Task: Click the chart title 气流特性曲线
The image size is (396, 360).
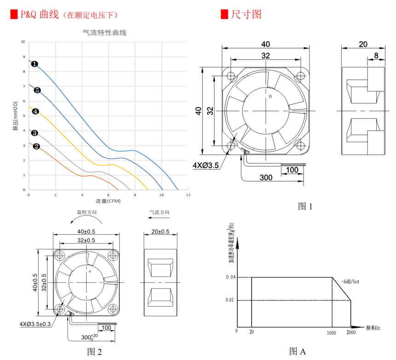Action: coord(104,33)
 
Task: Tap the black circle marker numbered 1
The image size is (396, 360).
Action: coord(35,64)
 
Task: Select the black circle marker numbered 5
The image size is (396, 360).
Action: coord(37,90)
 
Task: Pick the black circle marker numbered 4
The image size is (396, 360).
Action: coord(35,111)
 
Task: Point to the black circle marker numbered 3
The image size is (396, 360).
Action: coord(35,133)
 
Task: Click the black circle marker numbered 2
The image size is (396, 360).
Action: coord(36,147)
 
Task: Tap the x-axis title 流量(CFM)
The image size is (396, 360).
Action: coord(108,201)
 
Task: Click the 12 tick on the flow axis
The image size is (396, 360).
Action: coord(188,195)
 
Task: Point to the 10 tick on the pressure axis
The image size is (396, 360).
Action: coord(23,42)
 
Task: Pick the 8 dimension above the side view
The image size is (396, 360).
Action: coord(376,56)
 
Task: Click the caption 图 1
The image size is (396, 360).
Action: coord(305,206)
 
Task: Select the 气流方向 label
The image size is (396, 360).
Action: coord(159,213)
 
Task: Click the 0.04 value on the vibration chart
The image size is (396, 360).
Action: coord(231,277)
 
